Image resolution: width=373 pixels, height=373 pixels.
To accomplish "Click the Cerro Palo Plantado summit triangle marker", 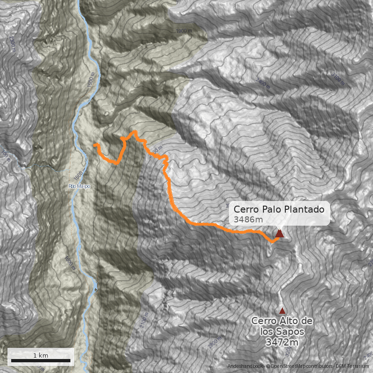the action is (279, 234).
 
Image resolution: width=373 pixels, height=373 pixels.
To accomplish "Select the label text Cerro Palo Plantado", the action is (279, 209).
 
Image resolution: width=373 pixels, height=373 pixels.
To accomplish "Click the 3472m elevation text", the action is (282, 342).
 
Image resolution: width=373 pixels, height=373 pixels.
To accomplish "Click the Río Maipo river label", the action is (79, 186).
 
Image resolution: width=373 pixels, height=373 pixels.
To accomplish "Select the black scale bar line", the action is (41, 360).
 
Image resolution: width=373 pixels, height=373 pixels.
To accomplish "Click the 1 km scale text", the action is (41, 355).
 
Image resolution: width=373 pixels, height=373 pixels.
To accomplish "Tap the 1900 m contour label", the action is (185, 31).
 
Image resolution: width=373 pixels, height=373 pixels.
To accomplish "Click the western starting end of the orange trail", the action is (95, 145).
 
